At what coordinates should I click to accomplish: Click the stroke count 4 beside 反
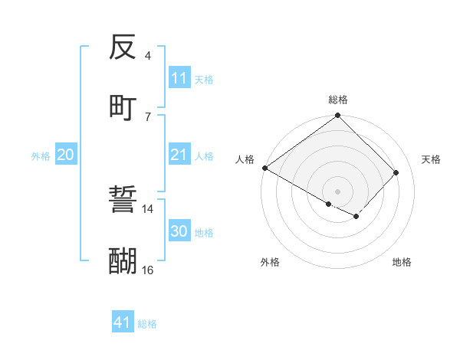(x=148, y=56)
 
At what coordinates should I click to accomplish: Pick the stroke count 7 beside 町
(x=148, y=116)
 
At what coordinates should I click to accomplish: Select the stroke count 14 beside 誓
(x=148, y=209)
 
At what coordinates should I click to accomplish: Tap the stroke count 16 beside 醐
(x=148, y=270)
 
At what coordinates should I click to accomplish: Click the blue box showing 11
(x=179, y=78)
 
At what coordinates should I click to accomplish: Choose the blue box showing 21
(x=179, y=155)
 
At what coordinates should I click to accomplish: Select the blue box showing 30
(x=179, y=231)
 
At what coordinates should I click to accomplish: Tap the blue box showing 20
(x=66, y=155)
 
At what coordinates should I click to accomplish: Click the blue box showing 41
(x=123, y=322)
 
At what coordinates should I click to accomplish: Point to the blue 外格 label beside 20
(x=41, y=156)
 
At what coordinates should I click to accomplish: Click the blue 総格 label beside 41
(x=147, y=324)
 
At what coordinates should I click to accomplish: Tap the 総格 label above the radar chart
(x=338, y=100)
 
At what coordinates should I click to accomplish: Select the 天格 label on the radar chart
(x=432, y=159)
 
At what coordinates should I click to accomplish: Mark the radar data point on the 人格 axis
(x=264, y=168)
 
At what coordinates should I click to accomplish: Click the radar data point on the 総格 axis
(x=338, y=116)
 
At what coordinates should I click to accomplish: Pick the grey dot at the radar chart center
(x=338, y=191)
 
